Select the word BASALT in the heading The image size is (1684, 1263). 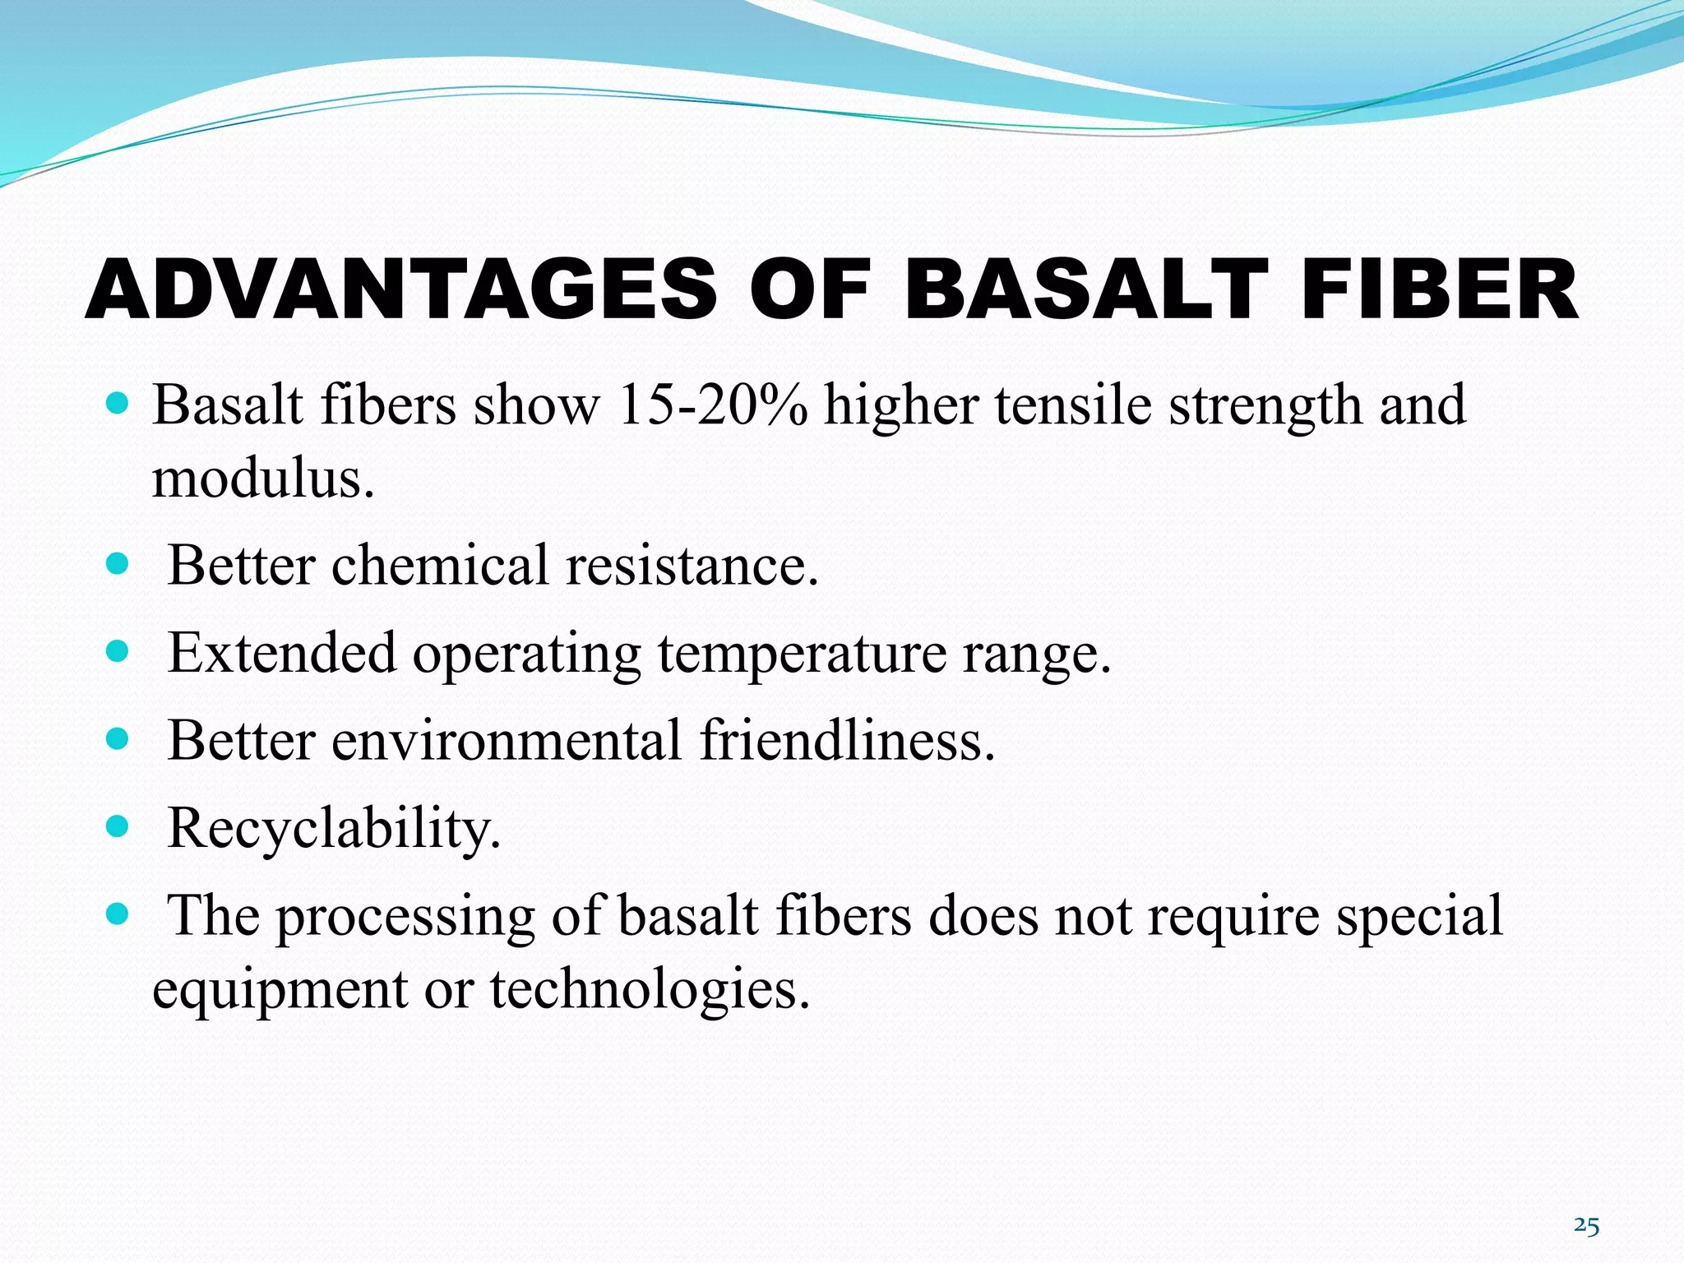[1085, 289]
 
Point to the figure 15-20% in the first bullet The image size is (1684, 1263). [712, 405]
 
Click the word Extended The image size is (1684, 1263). [282, 653]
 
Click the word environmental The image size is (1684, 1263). [507, 739]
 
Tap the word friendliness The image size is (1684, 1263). [848, 739]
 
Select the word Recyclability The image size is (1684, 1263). [333, 827]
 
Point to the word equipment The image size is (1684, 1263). [280, 989]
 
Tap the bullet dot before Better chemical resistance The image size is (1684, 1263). [118, 563]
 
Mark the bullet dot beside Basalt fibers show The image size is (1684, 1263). [118, 403]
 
